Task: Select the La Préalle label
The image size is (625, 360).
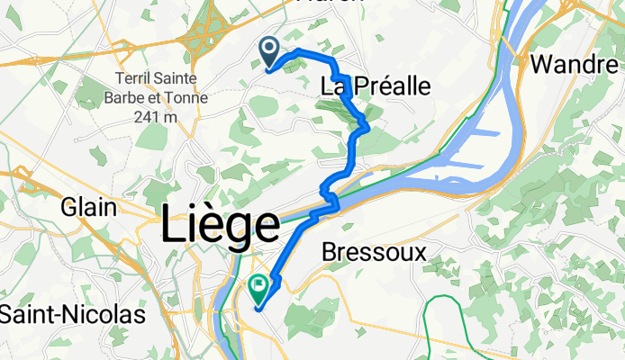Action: tap(376, 86)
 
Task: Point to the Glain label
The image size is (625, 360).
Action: tap(88, 207)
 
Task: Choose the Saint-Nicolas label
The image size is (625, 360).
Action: tap(72, 316)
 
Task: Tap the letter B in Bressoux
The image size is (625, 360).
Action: tap(329, 251)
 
